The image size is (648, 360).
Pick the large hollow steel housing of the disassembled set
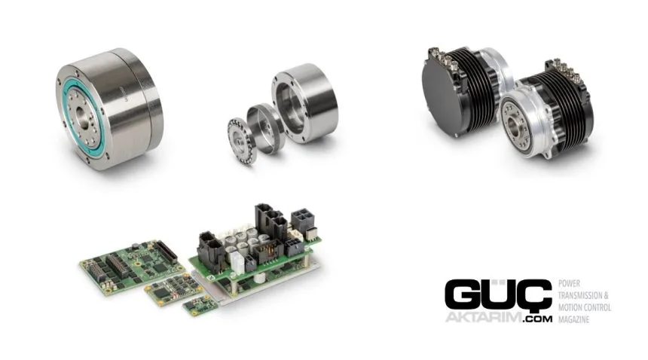tap(305, 103)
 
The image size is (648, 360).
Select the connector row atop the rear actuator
tap(445, 58)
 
